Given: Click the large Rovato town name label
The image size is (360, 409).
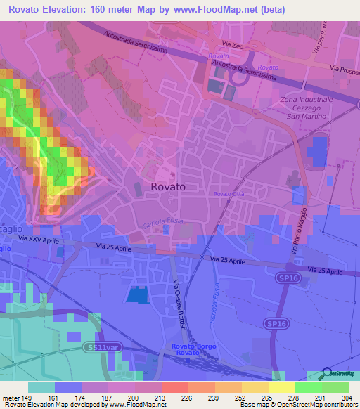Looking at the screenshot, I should pos(168,187).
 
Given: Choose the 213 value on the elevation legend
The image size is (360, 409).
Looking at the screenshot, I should pos(148,396).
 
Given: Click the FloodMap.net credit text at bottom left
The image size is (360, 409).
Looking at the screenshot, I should pos(84,405).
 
